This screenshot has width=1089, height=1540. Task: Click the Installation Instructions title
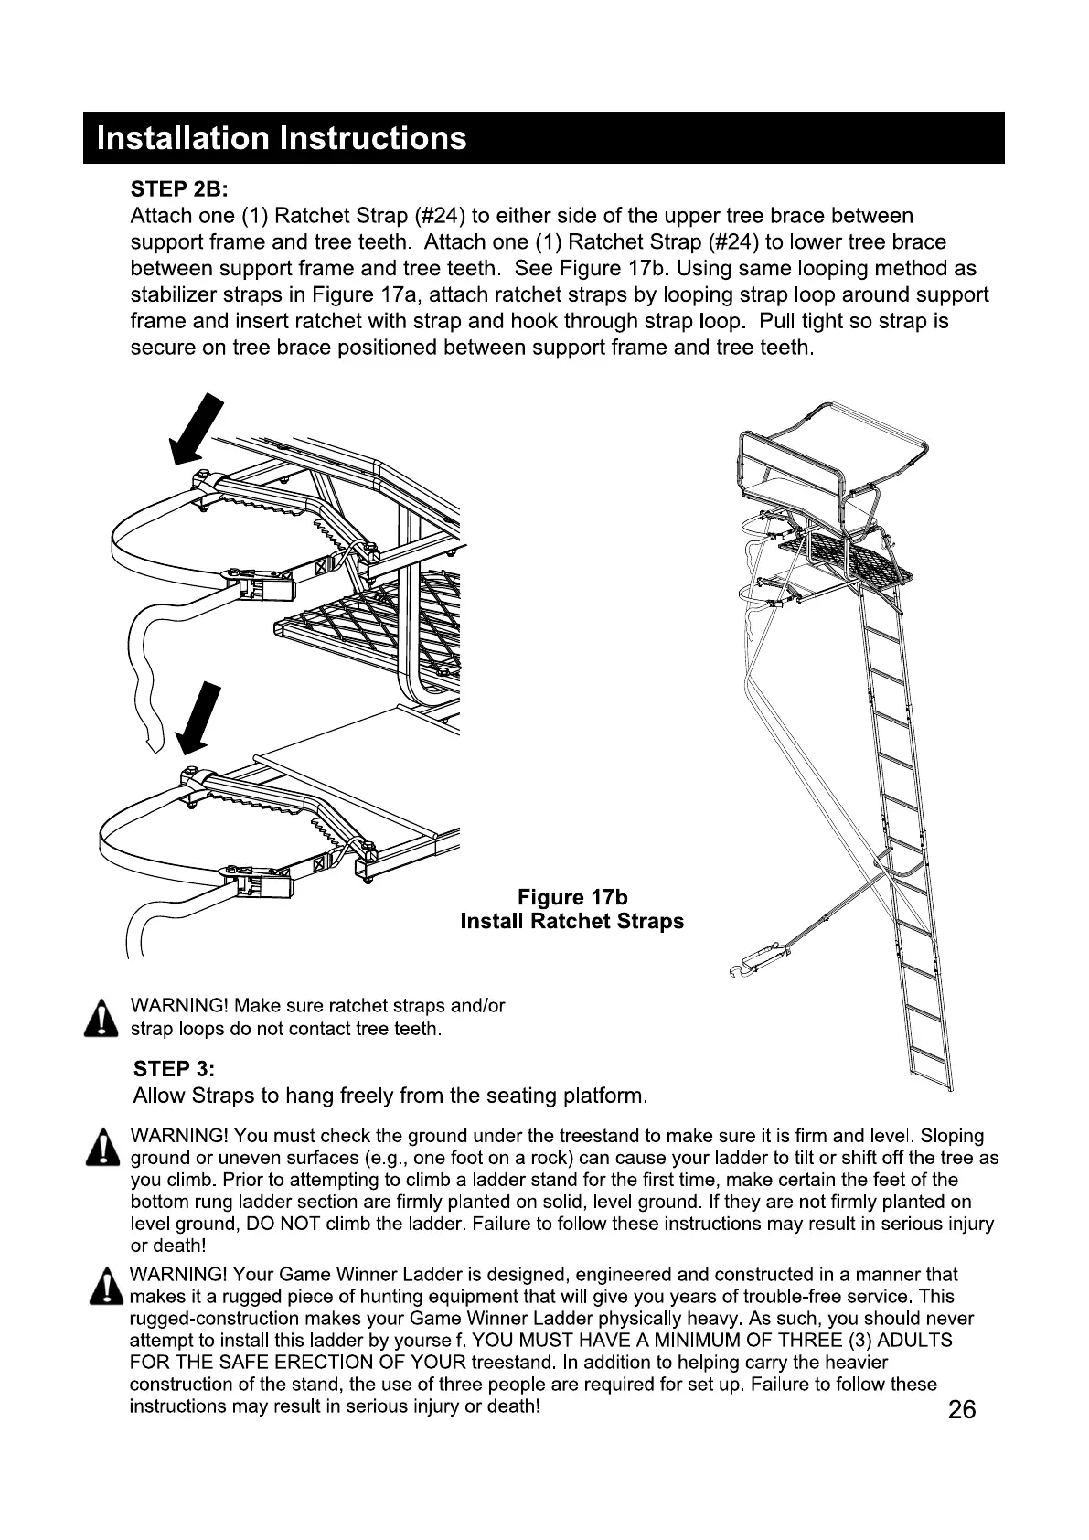282,139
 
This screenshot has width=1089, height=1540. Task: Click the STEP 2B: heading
179,189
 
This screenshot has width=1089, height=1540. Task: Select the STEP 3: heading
174,1069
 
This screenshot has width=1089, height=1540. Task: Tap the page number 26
962,1409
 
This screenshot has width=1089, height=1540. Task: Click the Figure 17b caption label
572,897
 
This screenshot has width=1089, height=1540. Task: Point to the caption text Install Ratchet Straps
572,922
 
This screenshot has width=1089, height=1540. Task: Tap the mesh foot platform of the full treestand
846,559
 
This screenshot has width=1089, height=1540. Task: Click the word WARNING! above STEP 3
179,1006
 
